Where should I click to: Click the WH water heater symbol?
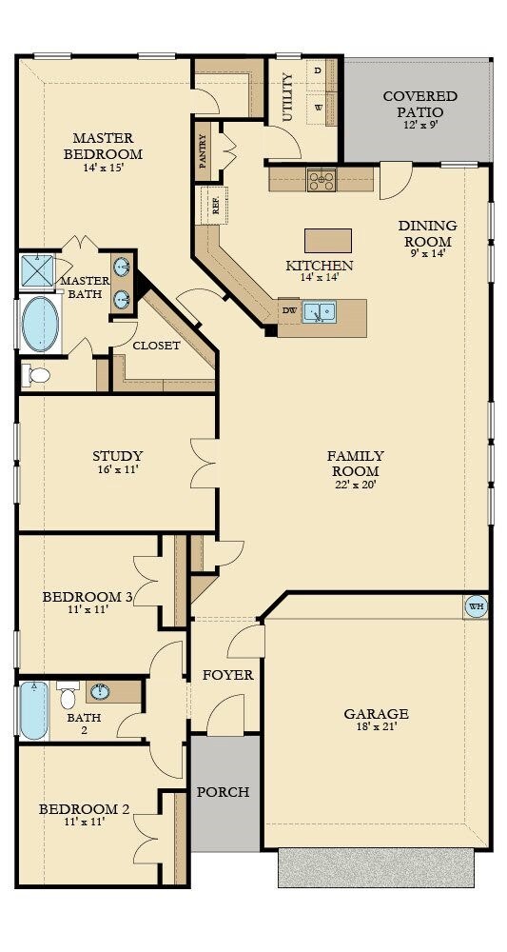(476, 606)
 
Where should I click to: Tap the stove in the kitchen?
(321, 180)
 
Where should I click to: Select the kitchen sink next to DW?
(319, 312)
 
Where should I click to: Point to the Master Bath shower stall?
(38, 270)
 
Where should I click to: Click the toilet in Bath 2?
(68, 695)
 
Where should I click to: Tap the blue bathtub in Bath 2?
(34, 709)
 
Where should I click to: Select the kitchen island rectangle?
(327, 241)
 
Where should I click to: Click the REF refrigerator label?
(216, 206)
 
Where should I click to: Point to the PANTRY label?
(203, 150)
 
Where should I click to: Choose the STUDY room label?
(118, 455)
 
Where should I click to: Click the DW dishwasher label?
(289, 310)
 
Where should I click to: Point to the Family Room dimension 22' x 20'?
(356, 485)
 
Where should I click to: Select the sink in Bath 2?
(100, 691)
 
